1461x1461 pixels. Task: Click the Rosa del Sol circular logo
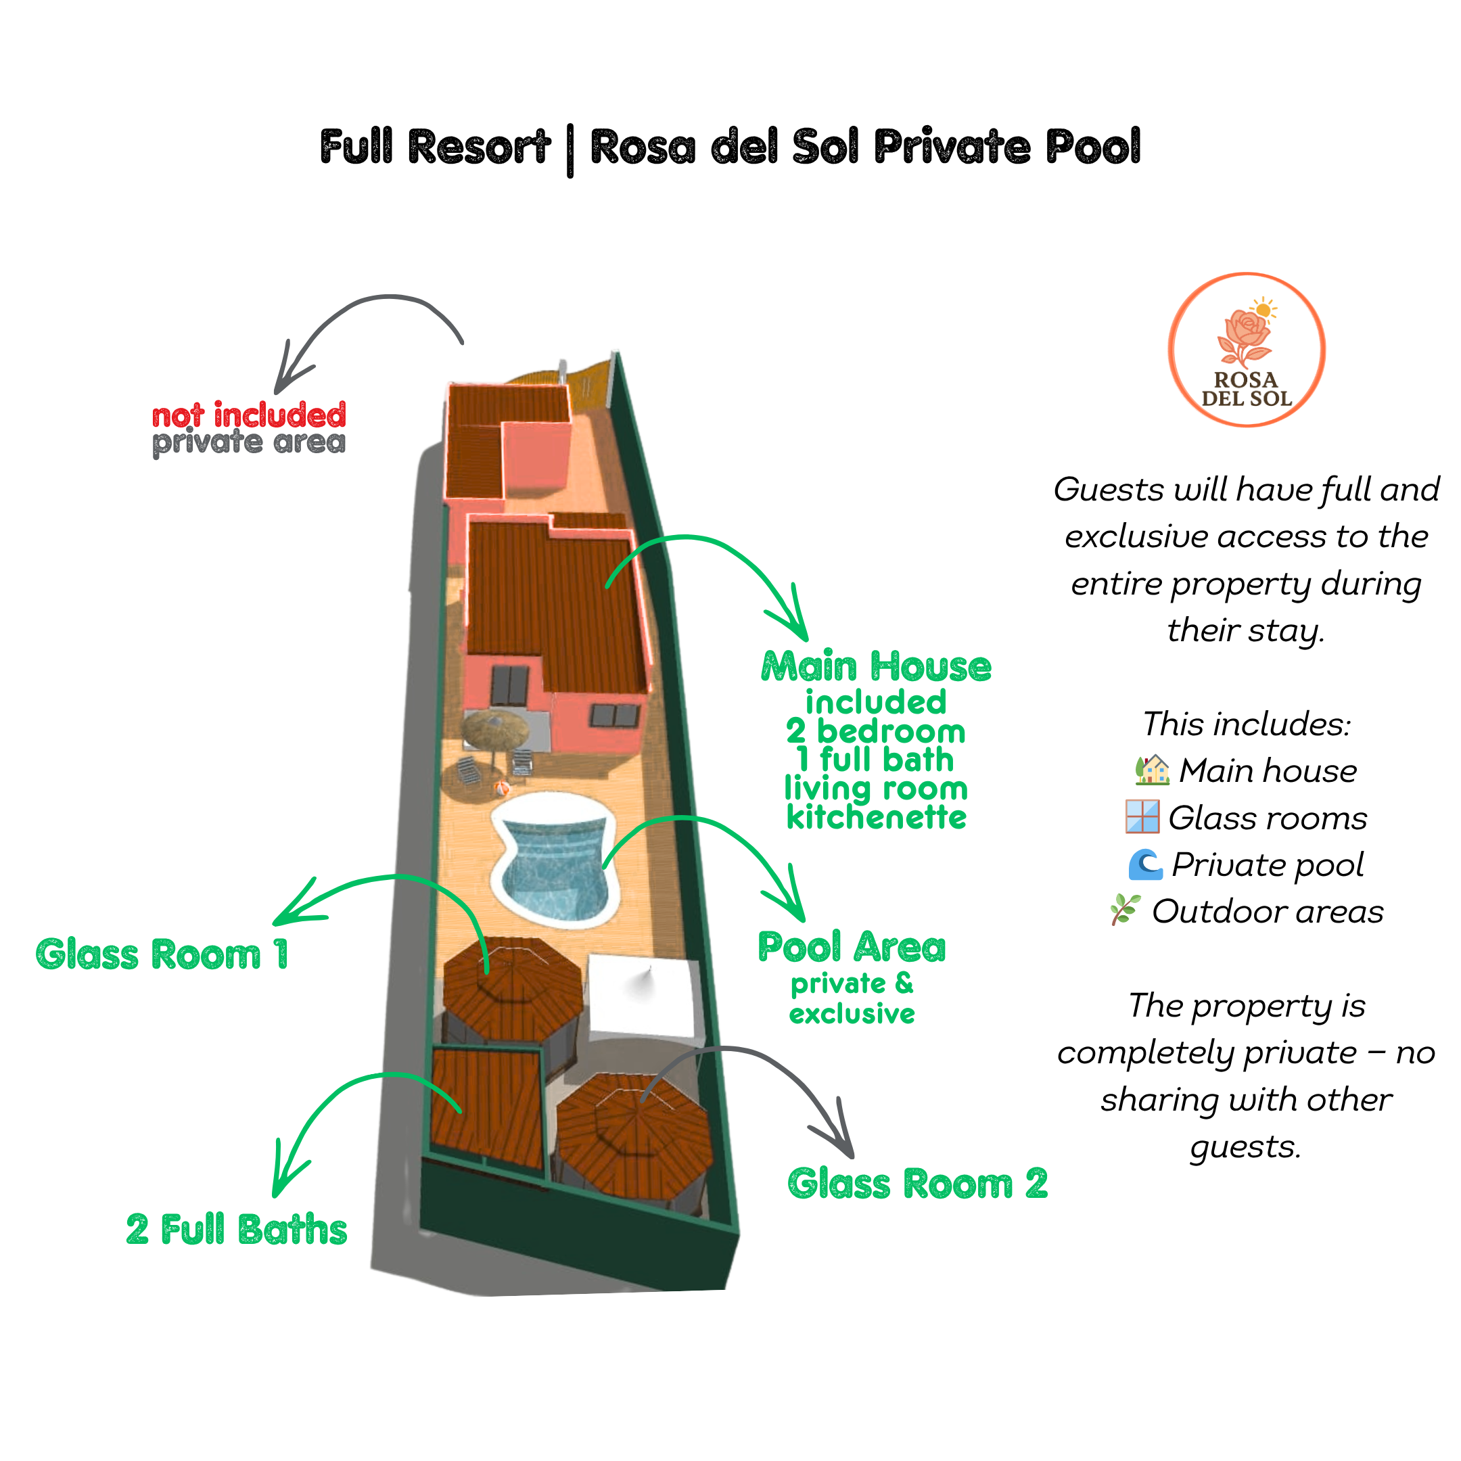coord(1246,350)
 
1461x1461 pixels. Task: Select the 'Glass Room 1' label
coord(162,954)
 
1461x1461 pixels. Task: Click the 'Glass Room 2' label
coord(917,1184)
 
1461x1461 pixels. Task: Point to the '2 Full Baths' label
coord(237,1229)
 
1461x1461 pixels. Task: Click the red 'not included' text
coord(249,415)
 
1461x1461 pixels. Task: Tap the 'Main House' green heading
coord(876,667)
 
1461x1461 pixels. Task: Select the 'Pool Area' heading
coord(852,948)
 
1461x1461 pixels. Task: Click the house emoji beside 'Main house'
coord(1153,770)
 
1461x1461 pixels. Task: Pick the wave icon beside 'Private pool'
coord(1145,864)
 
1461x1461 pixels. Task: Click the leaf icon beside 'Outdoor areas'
coord(1124,910)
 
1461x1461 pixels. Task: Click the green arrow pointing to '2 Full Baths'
coord(340,1111)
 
